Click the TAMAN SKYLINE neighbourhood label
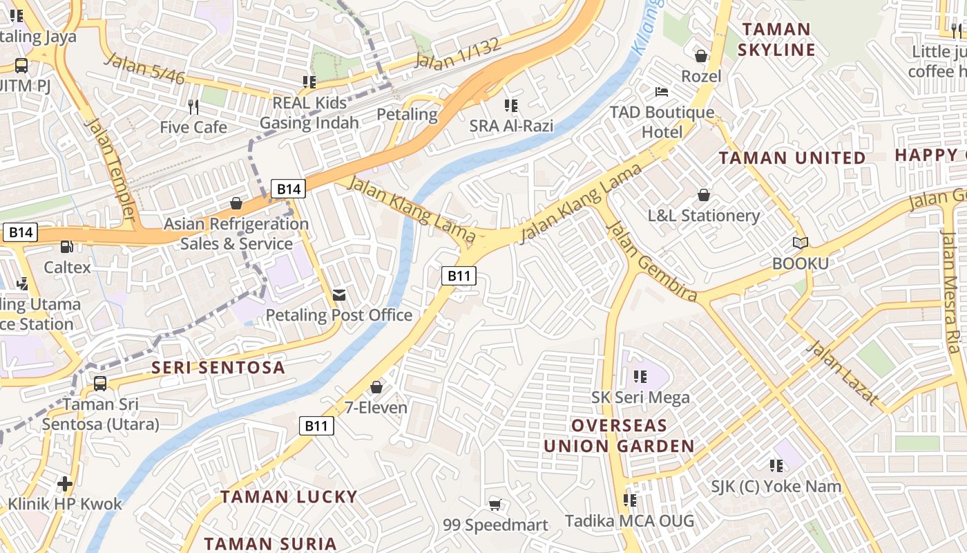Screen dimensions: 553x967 (x=776, y=39)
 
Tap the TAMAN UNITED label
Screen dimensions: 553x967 (x=792, y=158)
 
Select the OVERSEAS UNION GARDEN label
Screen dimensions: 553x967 (x=618, y=435)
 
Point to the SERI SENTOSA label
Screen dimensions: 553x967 (x=218, y=367)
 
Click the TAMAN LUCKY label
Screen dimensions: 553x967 (x=289, y=496)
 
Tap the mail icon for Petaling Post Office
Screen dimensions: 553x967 (x=339, y=295)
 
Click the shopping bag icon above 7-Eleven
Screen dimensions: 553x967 (x=376, y=387)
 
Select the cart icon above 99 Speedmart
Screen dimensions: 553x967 (x=495, y=505)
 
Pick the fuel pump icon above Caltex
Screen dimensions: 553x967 (x=67, y=246)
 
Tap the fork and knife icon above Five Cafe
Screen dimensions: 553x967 (x=193, y=106)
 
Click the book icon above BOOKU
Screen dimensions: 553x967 (x=800, y=243)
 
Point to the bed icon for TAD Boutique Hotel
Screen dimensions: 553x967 (x=662, y=91)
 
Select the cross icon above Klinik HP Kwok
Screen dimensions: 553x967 (x=65, y=483)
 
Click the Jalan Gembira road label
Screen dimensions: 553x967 (x=651, y=262)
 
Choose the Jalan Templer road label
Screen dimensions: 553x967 (x=110, y=170)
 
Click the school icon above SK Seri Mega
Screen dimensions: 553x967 (x=640, y=377)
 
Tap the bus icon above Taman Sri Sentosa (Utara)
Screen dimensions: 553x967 (x=100, y=383)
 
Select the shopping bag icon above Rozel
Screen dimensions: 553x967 (x=701, y=56)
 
